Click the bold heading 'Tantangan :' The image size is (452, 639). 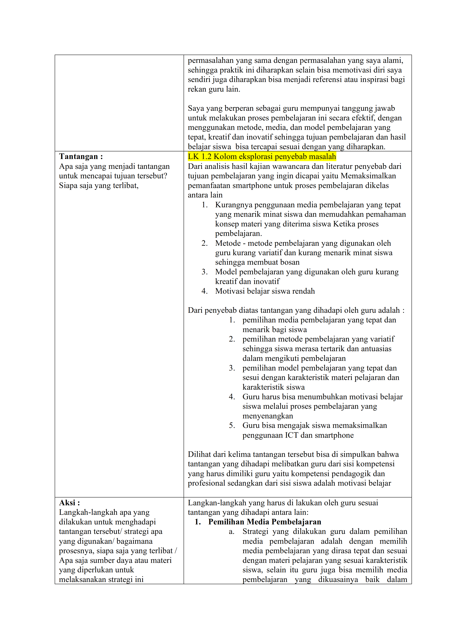pos(81,156)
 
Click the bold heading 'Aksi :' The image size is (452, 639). pos(69,503)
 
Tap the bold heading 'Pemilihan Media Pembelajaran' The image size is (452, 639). pos(265,522)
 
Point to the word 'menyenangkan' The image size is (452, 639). pos(268,416)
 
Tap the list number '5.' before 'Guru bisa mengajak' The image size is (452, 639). pos(232,426)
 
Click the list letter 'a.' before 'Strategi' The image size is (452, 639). pos(231,532)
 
